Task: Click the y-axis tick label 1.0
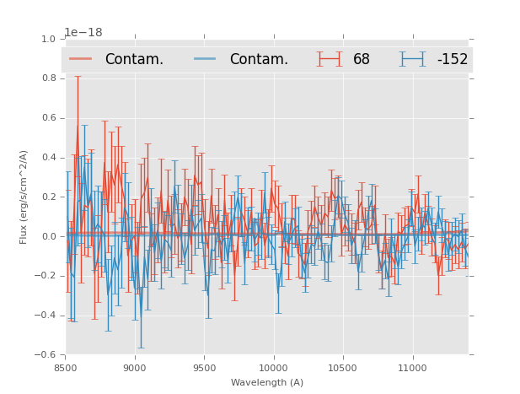[48, 40]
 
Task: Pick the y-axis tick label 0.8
[48, 78]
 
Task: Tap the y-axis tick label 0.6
[48, 118]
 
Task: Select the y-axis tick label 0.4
[48, 158]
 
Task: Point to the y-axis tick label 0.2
[48, 197]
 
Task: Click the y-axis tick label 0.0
[48, 237]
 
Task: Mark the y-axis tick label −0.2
[46, 276]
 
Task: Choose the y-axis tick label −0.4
[46, 316]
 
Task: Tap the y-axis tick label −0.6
[46, 355]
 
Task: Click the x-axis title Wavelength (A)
[267, 382]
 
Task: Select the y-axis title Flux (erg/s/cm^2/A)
[24, 197]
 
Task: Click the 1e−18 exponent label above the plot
[83, 33]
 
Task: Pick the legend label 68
[362, 60]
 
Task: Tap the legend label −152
[452, 60]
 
